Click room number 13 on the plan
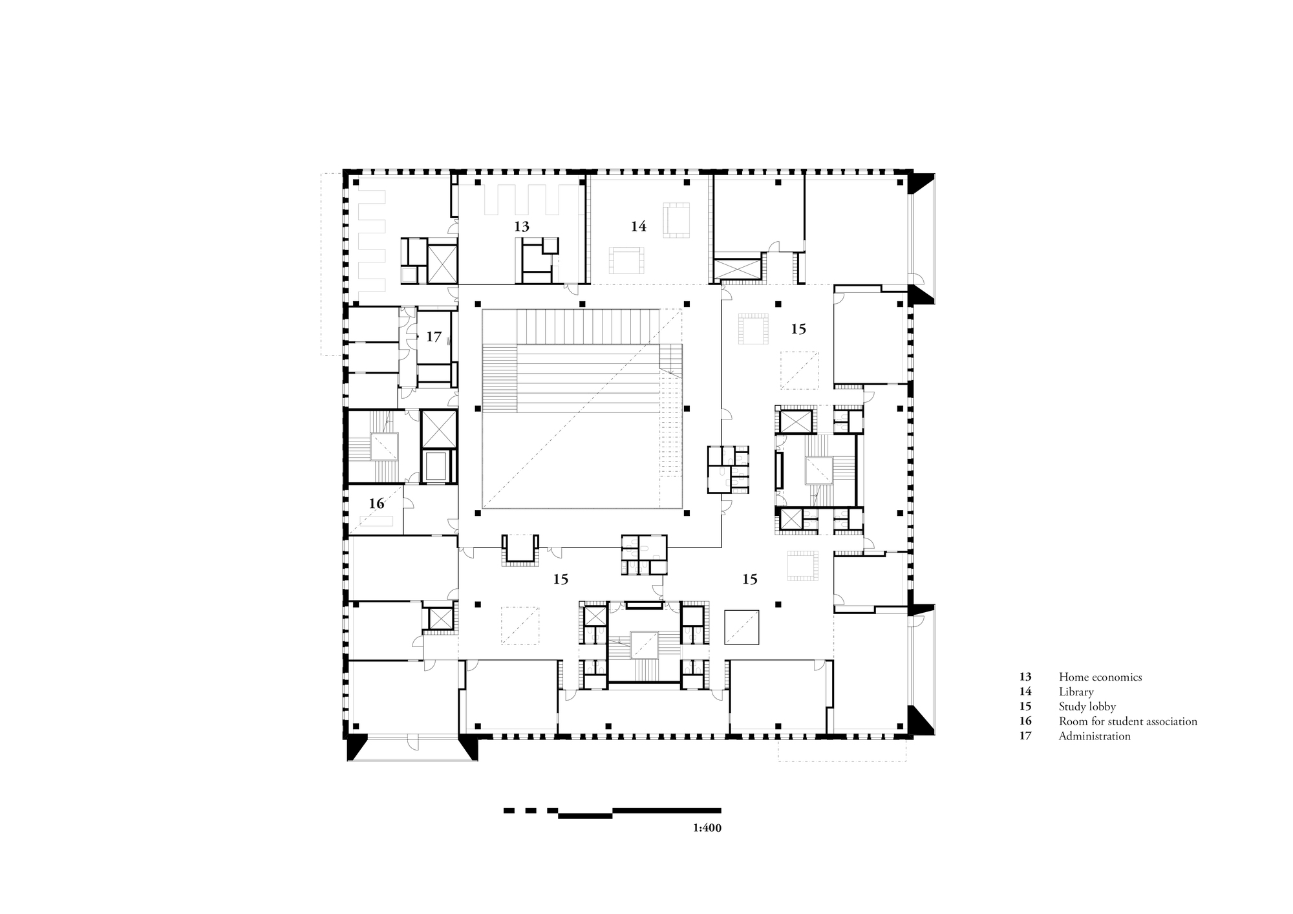pyautogui.click(x=522, y=226)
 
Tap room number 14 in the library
pyautogui.click(x=638, y=226)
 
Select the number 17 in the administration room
pyautogui.click(x=433, y=337)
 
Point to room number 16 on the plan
pyautogui.click(x=376, y=503)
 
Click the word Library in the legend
pyautogui.click(x=1076, y=692)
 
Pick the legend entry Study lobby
pyautogui.click(x=1087, y=707)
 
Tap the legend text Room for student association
pyautogui.click(x=1127, y=721)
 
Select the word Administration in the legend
pyautogui.click(x=1094, y=736)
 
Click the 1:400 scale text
pyautogui.click(x=707, y=827)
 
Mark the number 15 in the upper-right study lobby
pyautogui.click(x=798, y=329)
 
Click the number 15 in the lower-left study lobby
pyautogui.click(x=561, y=579)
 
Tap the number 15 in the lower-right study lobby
pyautogui.click(x=749, y=579)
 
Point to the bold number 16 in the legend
pyautogui.click(x=1025, y=721)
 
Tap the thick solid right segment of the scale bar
pyautogui.click(x=666, y=810)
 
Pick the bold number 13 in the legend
pyautogui.click(x=1025, y=677)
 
